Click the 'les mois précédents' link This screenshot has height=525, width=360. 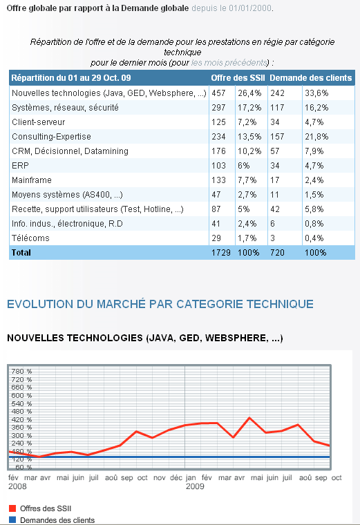[229, 63]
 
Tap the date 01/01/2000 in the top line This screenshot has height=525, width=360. [250, 8]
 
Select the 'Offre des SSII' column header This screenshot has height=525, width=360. [238, 78]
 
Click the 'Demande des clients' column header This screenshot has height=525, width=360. [311, 78]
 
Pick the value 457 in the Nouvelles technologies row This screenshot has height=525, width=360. [218, 93]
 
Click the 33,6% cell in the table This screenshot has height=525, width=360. [316, 93]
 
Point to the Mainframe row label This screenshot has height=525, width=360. [32, 180]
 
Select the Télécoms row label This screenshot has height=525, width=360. [30, 238]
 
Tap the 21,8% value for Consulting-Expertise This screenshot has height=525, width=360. [316, 137]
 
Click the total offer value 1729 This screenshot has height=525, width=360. [221, 252]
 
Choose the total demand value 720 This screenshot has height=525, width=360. [277, 252]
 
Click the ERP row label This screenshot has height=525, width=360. [21, 166]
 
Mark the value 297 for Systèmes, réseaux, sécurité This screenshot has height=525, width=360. [218, 108]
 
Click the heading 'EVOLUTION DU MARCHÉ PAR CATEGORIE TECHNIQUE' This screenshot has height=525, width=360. [160, 304]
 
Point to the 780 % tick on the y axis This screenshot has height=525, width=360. [21, 372]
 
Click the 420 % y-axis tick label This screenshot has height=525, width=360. [21, 419]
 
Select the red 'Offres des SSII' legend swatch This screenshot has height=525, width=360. [12, 508]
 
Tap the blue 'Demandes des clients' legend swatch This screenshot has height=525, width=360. [12, 520]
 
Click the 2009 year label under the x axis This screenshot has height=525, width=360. [195, 486]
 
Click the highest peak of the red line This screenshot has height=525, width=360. [249, 418]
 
